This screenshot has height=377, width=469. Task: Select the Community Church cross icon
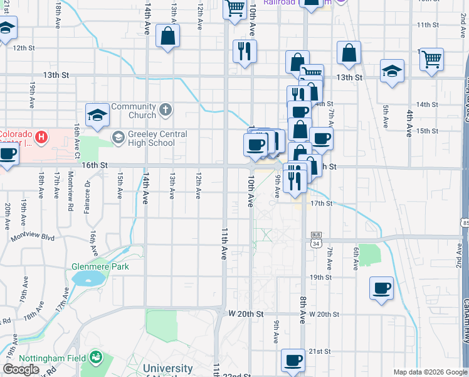coord(166,110)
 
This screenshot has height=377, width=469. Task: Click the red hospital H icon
coord(41,136)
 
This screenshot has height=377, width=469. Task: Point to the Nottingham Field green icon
coord(96,358)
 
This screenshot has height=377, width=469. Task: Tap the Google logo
coord(21,369)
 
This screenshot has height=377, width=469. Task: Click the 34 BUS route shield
coord(315,239)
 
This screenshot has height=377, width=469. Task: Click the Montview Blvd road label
coord(33,238)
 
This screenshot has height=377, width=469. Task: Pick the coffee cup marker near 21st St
coord(293,360)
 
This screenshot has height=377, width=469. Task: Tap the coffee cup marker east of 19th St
coord(381,288)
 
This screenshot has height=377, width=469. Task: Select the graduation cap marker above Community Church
coord(97,114)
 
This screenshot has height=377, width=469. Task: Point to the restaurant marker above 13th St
coord(245,51)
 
